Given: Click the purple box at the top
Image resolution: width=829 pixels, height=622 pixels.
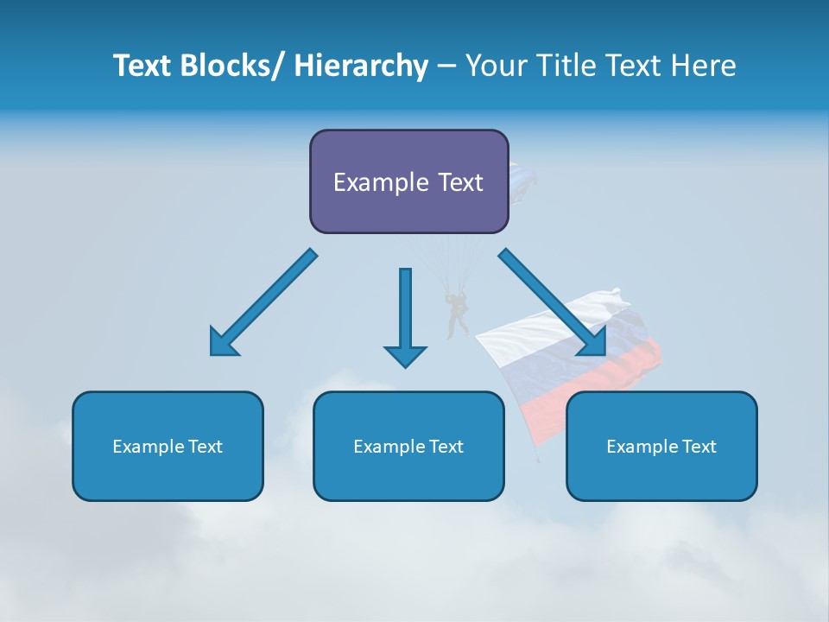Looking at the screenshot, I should (408, 181).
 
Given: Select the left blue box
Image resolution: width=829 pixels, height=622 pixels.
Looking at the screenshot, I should (168, 446).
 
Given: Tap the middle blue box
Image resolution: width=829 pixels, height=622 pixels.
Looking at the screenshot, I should (408, 446).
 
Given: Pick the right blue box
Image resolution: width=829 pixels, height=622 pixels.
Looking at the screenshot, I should (661, 446).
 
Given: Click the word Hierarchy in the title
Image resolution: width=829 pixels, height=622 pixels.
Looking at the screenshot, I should (361, 66).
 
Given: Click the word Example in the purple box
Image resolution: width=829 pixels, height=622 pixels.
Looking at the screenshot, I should (380, 182).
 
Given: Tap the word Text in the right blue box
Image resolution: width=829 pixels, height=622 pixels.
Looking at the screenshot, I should (699, 447).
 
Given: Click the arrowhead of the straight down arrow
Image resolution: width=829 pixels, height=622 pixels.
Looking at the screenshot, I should (405, 354).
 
